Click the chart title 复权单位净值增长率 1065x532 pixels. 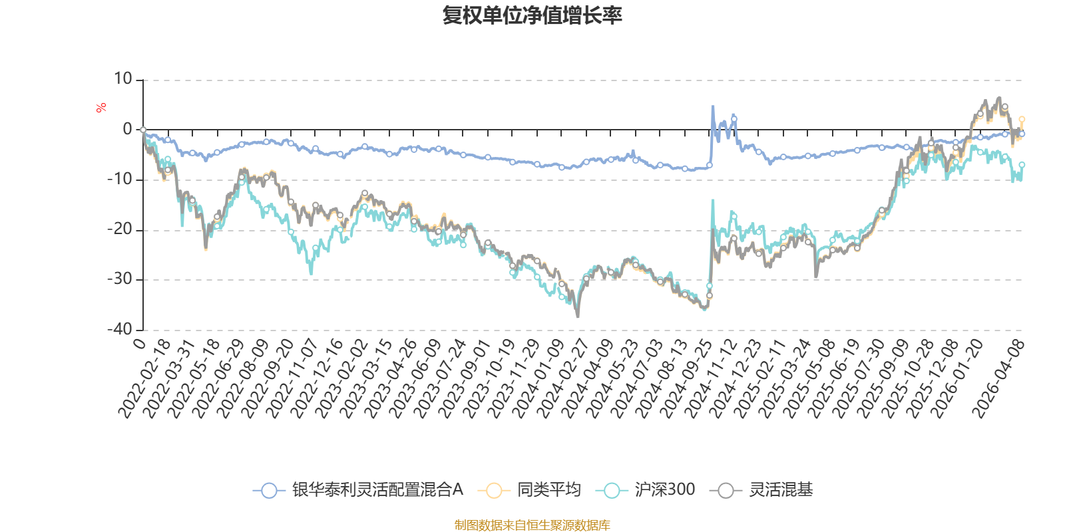532,15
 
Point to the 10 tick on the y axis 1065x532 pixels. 123,79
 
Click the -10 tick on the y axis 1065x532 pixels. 120,180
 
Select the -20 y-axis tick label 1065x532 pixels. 120,229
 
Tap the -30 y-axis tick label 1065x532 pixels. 120,279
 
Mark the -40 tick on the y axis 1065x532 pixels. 120,329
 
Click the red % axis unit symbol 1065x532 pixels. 101,108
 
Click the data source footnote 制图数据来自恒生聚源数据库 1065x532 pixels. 532,525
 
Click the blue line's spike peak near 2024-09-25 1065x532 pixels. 713,106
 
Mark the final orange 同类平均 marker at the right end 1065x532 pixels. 1022,120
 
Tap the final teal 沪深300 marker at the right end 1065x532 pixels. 1022,164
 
